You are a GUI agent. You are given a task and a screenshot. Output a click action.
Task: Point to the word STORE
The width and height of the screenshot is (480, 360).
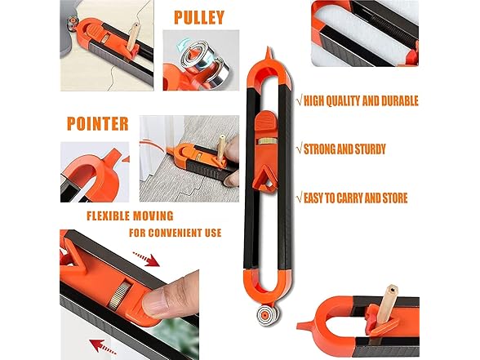click(389, 198)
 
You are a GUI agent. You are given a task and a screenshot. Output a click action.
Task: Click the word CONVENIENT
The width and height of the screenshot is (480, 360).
click(165, 233)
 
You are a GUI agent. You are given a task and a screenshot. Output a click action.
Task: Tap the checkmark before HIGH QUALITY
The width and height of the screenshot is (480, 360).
click(300, 101)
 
